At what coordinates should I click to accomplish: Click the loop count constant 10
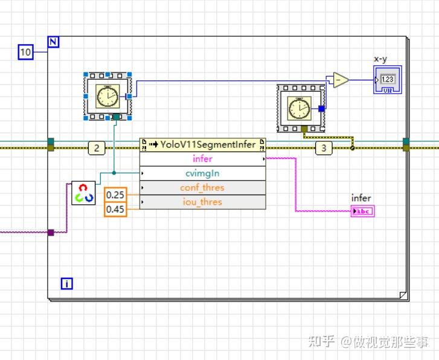(25, 53)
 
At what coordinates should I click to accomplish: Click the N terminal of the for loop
(53, 42)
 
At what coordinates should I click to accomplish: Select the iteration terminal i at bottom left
(66, 283)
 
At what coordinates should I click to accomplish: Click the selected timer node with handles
(108, 95)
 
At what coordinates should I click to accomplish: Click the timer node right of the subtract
(301, 108)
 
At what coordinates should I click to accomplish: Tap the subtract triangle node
(341, 80)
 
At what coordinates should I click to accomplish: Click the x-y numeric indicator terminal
(387, 80)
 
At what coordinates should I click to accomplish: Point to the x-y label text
(381, 59)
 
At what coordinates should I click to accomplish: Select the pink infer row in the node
(202, 159)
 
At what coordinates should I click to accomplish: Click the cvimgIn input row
(202, 173)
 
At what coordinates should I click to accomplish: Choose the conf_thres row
(202, 188)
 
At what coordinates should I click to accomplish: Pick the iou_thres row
(202, 202)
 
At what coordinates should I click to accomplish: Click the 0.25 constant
(115, 194)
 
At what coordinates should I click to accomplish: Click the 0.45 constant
(115, 209)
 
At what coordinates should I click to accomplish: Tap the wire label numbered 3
(323, 148)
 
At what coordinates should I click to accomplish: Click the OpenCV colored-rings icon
(83, 193)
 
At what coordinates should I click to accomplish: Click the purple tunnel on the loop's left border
(51, 232)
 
